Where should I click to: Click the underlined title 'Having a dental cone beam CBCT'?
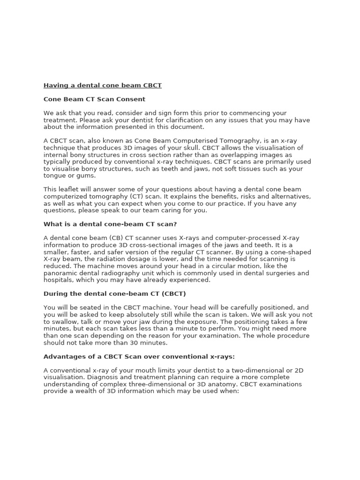(103, 86)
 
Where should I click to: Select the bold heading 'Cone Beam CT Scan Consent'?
(94, 99)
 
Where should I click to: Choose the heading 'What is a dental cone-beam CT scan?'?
(110, 224)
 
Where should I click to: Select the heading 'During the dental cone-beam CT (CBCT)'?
(115, 294)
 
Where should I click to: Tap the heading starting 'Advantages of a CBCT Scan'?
(139, 357)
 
